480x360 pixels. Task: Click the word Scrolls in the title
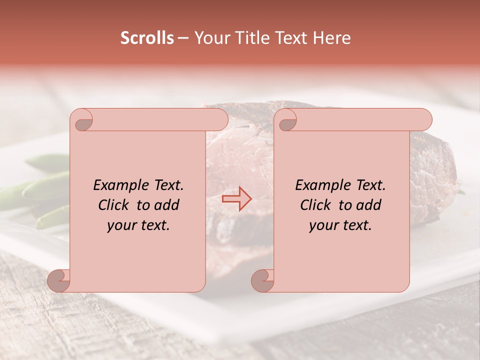pyautogui.click(x=147, y=38)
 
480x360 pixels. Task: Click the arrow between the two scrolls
pyautogui.click(x=236, y=198)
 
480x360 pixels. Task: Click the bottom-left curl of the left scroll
pyautogui.click(x=59, y=280)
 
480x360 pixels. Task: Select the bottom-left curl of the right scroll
pyautogui.click(x=263, y=280)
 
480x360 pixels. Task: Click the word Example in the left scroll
pyautogui.click(x=120, y=185)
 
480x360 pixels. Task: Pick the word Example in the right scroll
pyautogui.click(x=322, y=185)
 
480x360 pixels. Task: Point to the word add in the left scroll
pyautogui.click(x=167, y=205)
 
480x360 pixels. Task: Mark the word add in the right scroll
pyautogui.click(x=369, y=205)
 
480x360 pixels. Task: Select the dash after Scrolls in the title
pyautogui.click(x=183, y=38)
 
